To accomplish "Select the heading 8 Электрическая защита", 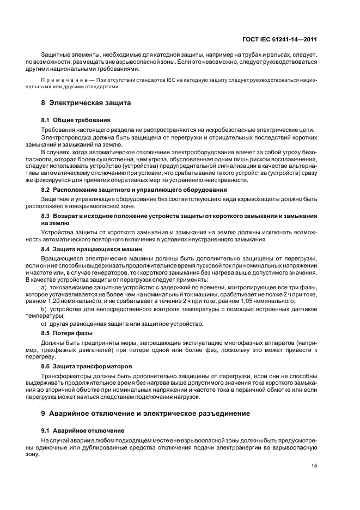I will [86, 102].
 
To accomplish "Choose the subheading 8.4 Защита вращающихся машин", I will [91, 249].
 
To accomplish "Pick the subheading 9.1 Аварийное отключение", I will [83, 430].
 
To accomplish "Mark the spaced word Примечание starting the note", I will [59, 80].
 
